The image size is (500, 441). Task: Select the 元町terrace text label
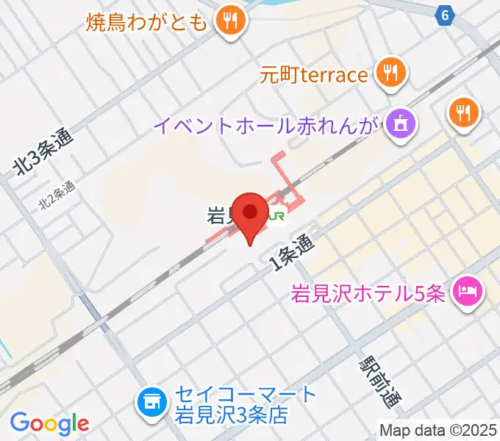313,75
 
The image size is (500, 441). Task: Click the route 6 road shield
444,14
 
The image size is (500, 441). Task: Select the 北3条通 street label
46,154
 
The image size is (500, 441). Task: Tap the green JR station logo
277,216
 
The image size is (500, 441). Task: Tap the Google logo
49,423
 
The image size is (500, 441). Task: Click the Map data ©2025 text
438,430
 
